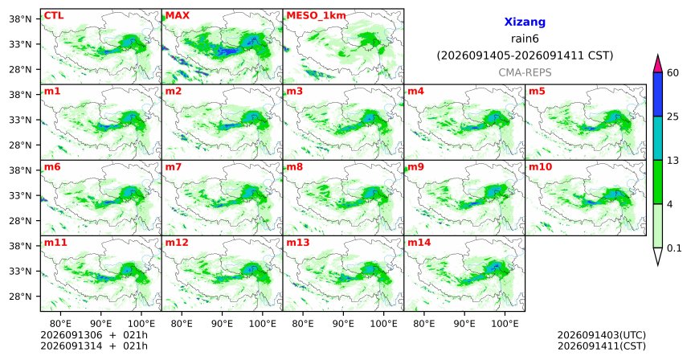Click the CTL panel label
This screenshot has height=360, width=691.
[54, 15]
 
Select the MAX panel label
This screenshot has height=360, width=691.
[177, 15]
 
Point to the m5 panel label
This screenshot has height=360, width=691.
[537, 92]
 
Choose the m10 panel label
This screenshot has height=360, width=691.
[540, 167]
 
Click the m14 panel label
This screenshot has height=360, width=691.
[419, 243]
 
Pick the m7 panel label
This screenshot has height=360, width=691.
[174, 167]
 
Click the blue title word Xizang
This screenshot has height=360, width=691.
[525, 22]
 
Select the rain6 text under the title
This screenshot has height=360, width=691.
[525, 39]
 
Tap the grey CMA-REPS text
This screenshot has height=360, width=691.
[525, 72]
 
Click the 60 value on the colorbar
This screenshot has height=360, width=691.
[673, 72]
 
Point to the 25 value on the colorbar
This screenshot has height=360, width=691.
[673, 117]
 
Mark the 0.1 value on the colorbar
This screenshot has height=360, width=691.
[674, 248]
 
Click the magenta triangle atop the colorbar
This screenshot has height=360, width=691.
[658, 64]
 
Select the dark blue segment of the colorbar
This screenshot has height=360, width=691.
[658, 94]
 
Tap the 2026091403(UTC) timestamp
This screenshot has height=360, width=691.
[602, 336]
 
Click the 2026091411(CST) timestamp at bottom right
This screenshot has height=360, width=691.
[602, 346]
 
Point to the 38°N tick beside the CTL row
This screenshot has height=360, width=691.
[20, 19]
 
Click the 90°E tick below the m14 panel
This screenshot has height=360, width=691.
[464, 324]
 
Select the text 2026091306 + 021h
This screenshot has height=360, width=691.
[94, 335]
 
